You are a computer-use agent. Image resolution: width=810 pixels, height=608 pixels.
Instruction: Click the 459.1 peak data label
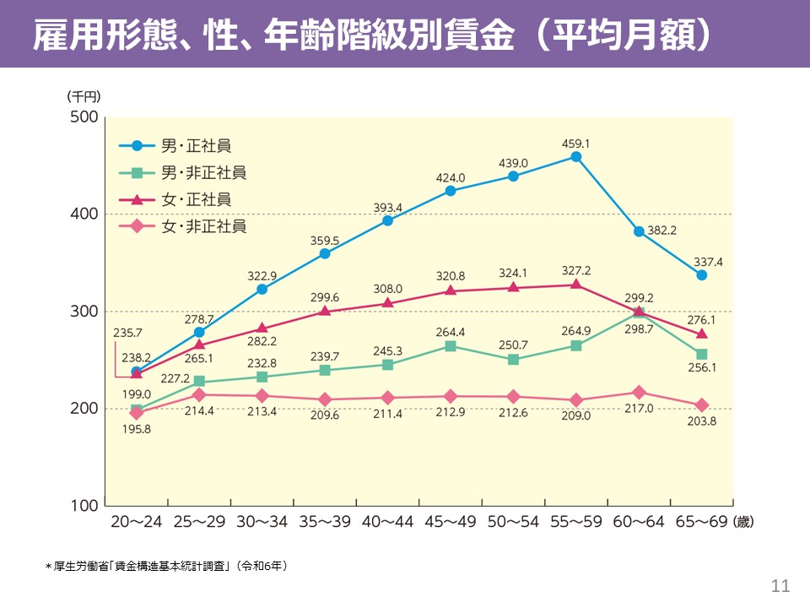[x=575, y=144]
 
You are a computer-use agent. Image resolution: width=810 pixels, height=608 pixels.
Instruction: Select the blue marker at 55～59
[x=576, y=157]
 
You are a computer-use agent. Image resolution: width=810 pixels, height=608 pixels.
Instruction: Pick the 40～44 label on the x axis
[x=386, y=522]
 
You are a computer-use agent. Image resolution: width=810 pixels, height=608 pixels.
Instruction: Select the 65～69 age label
[x=701, y=522]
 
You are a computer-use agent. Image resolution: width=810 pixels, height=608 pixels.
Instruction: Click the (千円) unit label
[x=84, y=97]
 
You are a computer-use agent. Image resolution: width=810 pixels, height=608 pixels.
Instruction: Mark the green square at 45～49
[x=451, y=346]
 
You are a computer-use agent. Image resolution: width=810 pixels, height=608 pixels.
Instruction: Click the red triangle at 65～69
[x=701, y=334]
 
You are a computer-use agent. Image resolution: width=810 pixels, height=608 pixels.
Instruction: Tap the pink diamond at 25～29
[x=199, y=395]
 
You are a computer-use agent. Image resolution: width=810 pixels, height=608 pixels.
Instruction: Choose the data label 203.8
[x=701, y=421]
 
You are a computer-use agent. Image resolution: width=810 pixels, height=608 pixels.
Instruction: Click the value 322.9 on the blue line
[x=262, y=275]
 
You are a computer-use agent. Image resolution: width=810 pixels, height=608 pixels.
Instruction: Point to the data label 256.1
[x=701, y=369]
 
